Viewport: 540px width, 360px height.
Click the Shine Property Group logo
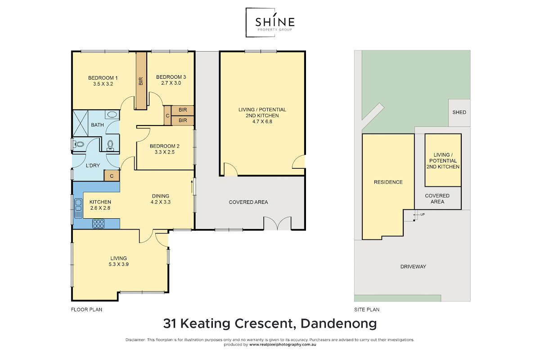270,22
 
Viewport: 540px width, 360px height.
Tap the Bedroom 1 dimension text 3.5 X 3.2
103,84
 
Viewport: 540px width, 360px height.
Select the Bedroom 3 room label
171,77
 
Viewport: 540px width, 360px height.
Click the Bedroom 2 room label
165,146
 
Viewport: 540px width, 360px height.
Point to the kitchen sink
78,208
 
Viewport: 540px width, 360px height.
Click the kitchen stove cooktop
99,224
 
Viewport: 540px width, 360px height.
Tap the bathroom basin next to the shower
112,114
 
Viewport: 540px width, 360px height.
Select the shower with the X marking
80,123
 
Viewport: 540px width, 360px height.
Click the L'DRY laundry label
93,166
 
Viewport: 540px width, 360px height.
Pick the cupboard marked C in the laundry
112,176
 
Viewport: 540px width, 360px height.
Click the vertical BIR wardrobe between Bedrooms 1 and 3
141,81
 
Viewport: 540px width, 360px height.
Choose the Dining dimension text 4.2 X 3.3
161,202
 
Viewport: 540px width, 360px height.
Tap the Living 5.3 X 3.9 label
118,261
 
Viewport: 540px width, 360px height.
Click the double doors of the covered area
278,223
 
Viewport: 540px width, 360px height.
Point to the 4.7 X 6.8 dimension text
262,121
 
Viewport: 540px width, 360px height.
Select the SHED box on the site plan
459,112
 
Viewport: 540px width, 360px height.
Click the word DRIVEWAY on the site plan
413,267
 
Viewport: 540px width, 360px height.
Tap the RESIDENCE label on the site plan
388,182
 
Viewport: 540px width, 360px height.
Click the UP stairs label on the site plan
423,214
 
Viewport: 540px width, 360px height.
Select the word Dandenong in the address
338,324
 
